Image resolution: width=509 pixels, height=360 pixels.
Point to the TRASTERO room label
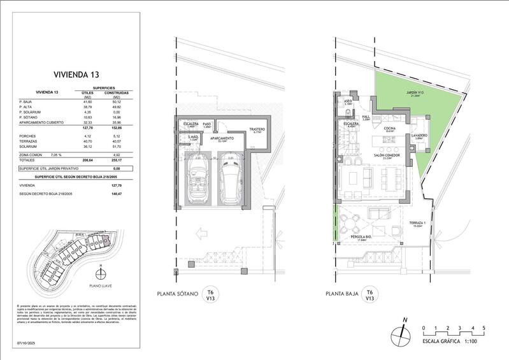[x=257, y=130]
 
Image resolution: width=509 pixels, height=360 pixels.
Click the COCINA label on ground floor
[x=389, y=128]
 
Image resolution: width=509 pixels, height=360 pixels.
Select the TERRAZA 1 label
[x=417, y=223]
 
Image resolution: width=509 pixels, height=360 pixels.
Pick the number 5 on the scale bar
[x=484, y=328]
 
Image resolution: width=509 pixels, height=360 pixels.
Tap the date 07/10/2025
[x=20, y=344]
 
